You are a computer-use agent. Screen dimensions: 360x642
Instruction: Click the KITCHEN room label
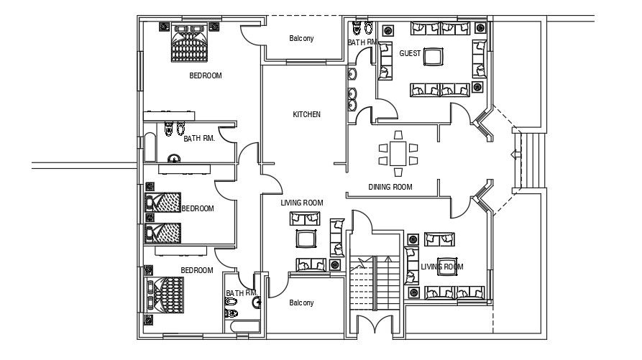pyautogui.click(x=306, y=114)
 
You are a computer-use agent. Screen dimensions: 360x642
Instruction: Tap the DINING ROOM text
pyautogui.click(x=390, y=187)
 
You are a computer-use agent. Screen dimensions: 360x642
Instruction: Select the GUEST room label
pyautogui.click(x=410, y=54)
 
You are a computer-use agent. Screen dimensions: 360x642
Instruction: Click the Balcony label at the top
pyautogui.click(x=301, y=39)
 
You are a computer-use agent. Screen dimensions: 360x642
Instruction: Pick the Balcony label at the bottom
pyautogui.click(x=301, y=303)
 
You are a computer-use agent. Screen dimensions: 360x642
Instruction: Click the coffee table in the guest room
pyautogui.click(x=434, y=56)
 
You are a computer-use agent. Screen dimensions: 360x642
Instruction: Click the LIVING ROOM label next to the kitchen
pyautogui.click(x=301, y=203)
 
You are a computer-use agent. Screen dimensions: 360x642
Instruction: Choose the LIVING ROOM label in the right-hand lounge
pyautogui.click(x=441, y=267)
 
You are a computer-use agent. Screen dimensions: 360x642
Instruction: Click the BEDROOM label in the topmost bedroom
pyautogui.click(x=205, y=75)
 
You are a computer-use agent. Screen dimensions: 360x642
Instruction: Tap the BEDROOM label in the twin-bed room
pyautogui.click(x=198, y=208)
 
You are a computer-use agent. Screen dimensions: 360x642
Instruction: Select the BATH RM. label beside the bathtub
pyautogui.click(x=199, y=139)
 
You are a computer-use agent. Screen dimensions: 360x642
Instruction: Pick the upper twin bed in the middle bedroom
pyautogui.click(x=164, y=203)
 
